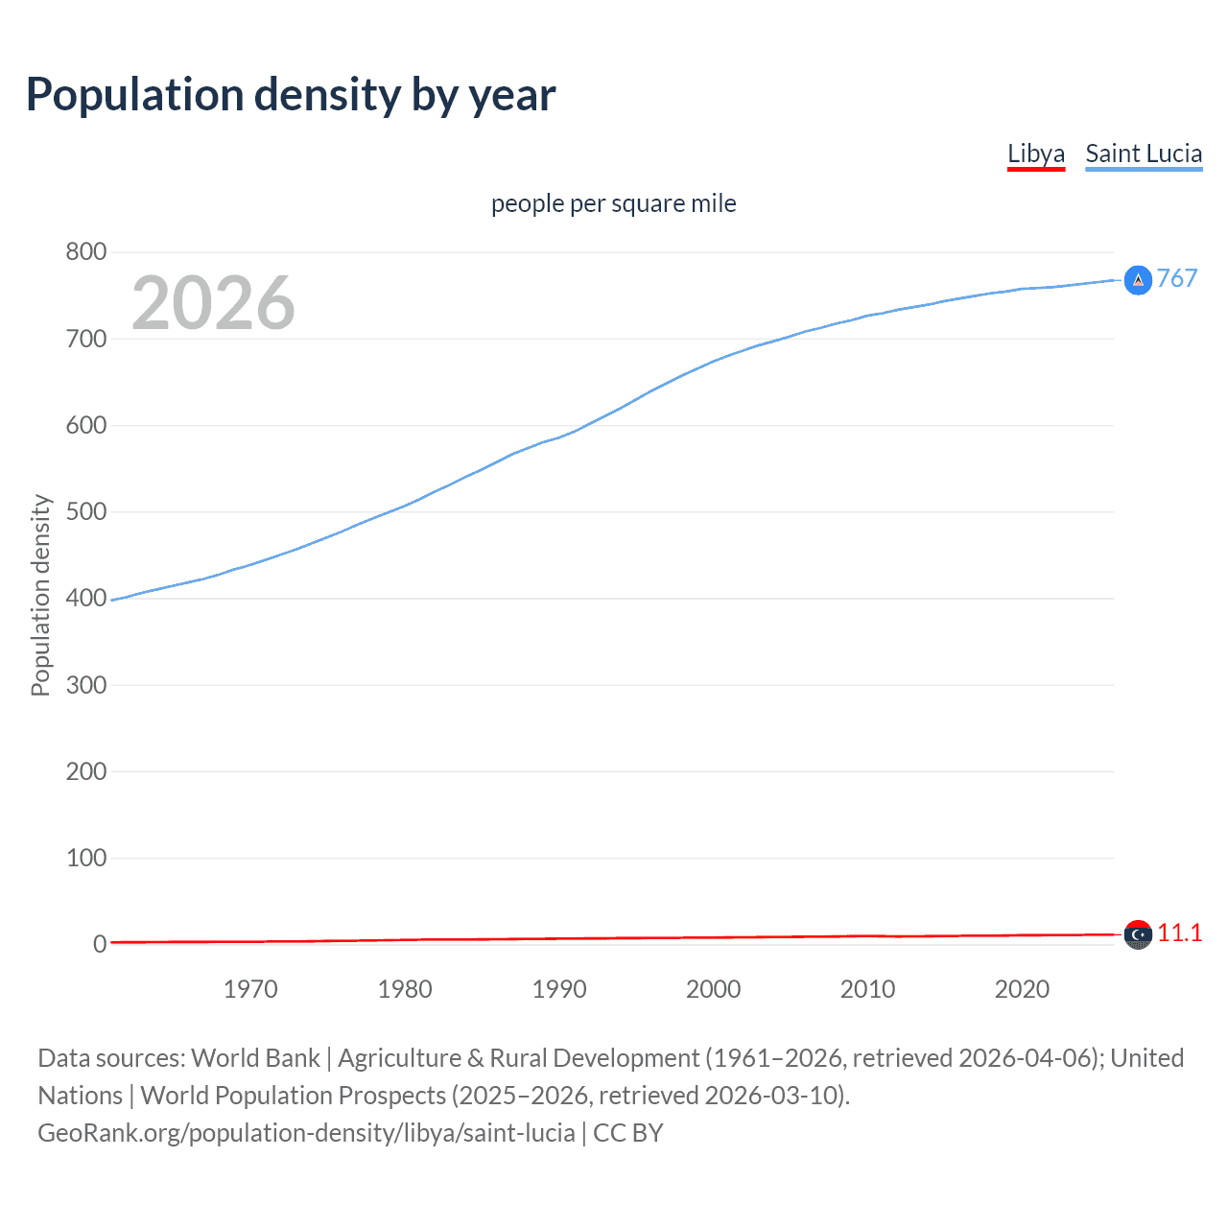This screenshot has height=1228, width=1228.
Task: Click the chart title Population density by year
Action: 291,95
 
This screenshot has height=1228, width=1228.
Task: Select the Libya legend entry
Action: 1036,153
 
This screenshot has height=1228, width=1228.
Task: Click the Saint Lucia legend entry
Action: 1144,153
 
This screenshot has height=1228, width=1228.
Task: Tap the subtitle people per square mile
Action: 614,203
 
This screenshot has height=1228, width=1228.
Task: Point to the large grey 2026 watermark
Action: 213,303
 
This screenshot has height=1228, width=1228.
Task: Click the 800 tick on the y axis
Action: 86,252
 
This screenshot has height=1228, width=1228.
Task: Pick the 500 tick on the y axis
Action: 86,511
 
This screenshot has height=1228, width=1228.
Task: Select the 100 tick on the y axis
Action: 86,858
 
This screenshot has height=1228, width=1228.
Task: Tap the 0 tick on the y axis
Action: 100,944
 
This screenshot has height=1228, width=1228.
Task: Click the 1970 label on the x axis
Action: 250,989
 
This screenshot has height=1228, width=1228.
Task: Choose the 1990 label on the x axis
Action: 559,989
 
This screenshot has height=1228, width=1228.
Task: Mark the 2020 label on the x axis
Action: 1022,989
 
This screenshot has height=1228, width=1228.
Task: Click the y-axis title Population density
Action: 40,595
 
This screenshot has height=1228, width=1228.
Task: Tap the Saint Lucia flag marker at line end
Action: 1138,280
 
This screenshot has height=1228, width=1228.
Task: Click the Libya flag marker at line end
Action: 1138,934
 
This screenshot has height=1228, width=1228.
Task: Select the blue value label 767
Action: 1177,278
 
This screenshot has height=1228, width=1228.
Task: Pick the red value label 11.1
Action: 1180,933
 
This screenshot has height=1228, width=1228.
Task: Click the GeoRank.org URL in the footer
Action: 306,1133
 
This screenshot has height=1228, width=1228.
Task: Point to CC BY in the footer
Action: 628,1133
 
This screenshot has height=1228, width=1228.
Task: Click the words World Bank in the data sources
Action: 255,1058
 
